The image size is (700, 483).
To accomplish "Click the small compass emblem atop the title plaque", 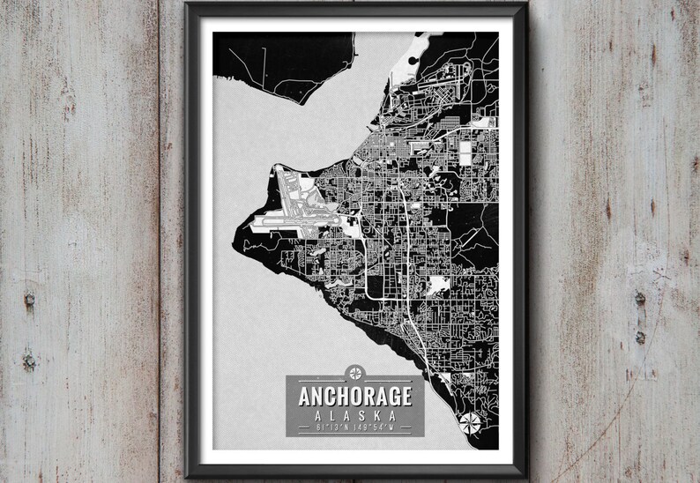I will pos(355,371).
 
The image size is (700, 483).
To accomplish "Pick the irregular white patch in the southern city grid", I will pos(437,286).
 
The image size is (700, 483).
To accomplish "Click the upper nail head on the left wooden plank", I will pos(29,300).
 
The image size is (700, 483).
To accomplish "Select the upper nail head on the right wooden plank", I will pos(640,300).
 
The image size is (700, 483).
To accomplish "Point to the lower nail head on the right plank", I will pos(640,338).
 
